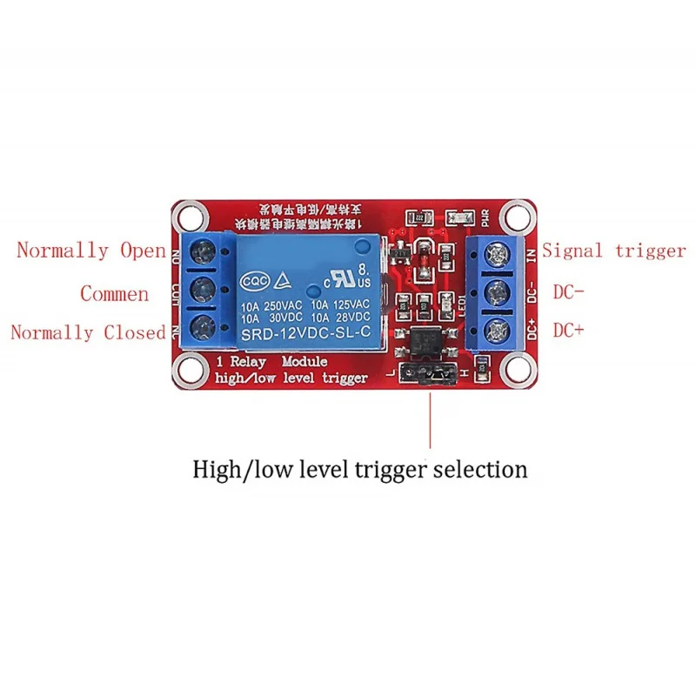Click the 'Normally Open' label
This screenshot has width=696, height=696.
pyautogui.click(x=91, y=251)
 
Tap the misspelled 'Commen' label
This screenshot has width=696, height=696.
pyautogui.click(x=114, y=294)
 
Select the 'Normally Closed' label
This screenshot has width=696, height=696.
pyautogui.click(x=88, y=332)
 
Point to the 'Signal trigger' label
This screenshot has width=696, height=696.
pyautogui.click(x=614, y=251)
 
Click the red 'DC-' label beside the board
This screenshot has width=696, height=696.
pyautogui.click(x=568, y=292)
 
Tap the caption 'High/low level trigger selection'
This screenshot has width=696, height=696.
pyautogui.click(x=359, y=470)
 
